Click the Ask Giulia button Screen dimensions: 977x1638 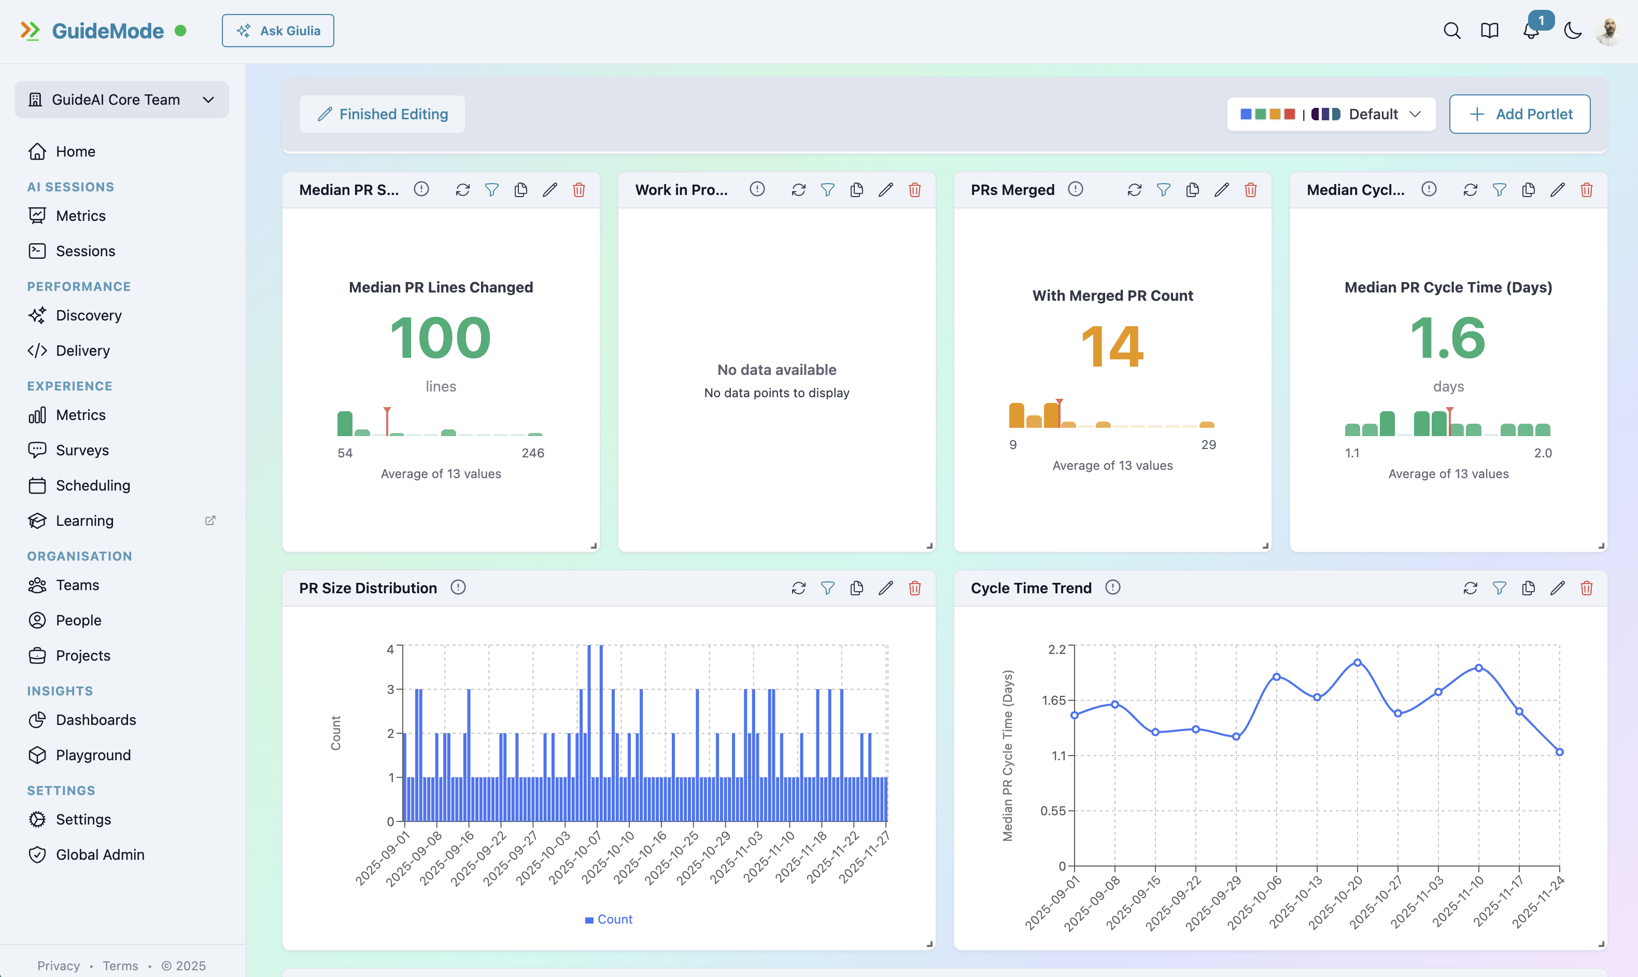click(278, 31)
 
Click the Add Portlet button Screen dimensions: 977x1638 click(1519, 114)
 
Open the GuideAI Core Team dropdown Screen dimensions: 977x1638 click(122, 100)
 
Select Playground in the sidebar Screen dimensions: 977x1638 click(93, 755)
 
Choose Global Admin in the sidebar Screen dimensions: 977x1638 click(100, 855)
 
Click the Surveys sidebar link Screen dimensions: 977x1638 click(82, 450)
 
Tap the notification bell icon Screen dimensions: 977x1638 click(1531, 31)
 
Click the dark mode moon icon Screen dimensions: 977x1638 click(1572, 31)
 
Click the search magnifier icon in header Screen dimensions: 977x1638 click(1452, 31)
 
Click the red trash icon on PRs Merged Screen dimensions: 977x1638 click(1250, 190)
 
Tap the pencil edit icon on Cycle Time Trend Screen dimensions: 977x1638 click(1557, 588)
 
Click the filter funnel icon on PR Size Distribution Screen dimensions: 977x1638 click(827, 588)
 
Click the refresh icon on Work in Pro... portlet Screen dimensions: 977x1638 click(798, 190)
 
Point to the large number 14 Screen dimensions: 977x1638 click(1112, 346)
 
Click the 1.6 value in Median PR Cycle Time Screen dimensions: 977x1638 click(1448, 338)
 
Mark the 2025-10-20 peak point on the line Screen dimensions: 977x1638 click(1357, 662)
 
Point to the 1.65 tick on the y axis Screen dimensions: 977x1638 click(1054, 700)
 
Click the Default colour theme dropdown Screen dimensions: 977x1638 click(1331, 114)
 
